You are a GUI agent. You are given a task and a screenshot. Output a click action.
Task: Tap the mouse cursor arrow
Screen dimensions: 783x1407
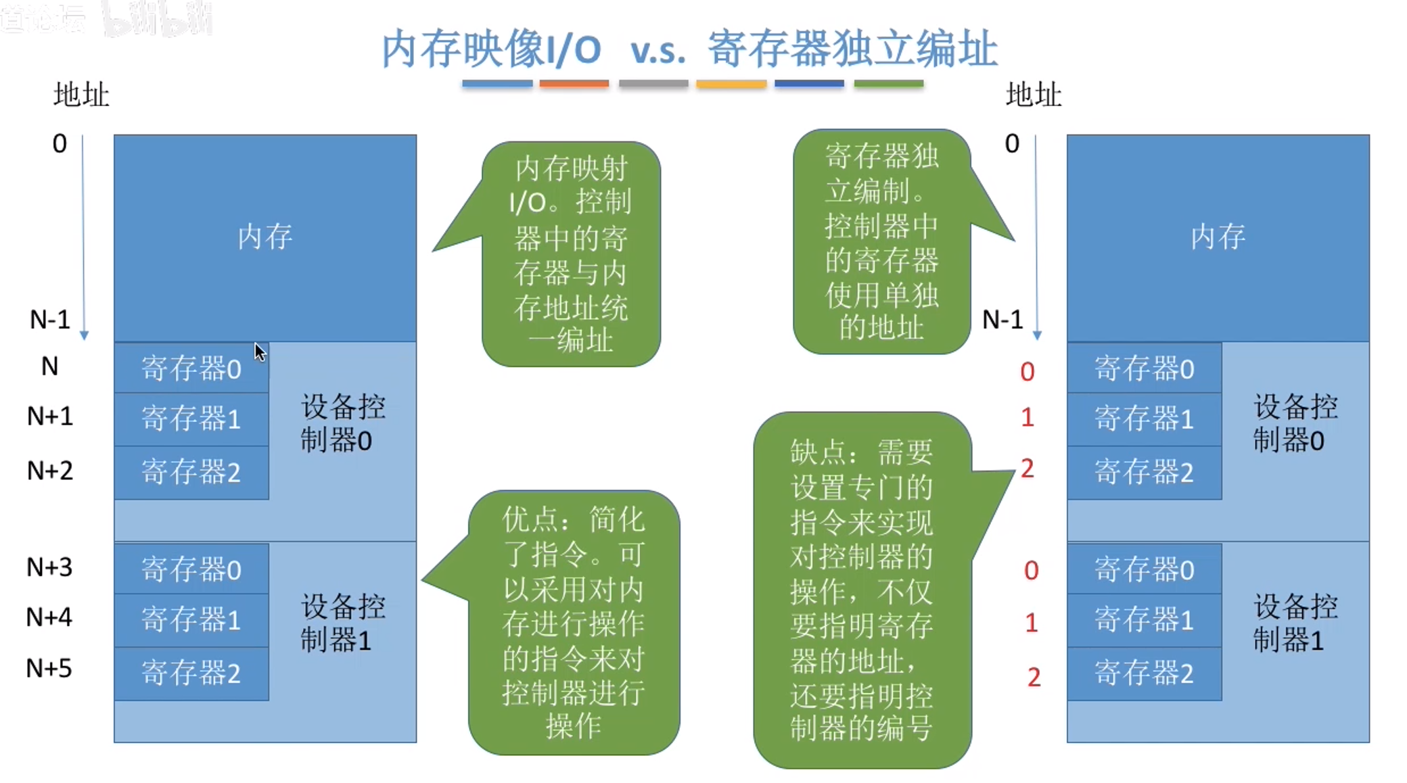pyautogui.click(x=260, y=352)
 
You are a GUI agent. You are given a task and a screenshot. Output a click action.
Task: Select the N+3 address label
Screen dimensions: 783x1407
pyautogui.click(x=49, y=567)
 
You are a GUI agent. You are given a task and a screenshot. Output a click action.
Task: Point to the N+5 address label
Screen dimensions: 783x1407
pyautogui.click(x=49, y=668)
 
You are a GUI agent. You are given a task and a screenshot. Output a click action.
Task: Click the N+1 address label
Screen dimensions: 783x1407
pyautogui.click(x=50, y=416)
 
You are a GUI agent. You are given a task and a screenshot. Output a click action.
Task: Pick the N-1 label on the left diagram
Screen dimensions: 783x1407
pyautogui.click(x=50, y=319)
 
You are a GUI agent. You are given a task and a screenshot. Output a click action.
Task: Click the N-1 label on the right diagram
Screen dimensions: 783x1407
pyautogui.click(x=1002, y=319)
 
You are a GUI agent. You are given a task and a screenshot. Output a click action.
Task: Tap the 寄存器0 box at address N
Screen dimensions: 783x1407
pyautogui.click(x=191, y=369)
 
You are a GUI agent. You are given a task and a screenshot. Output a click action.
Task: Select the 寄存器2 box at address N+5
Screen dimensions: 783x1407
pyautogui.click(x=191, y=673)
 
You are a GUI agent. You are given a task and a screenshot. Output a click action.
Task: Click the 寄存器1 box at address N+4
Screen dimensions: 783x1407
pyautogui.click(x=191, y=620)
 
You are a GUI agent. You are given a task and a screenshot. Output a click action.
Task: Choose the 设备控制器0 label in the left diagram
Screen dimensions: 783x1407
pyautogui.click(x=343, y=424)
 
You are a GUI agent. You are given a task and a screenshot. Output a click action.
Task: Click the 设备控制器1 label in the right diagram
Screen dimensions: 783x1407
pyautogui.click(x=1295, y=623)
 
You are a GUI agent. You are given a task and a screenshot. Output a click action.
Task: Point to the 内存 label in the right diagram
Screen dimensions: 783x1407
pyautogui.click(x=1218, y=237)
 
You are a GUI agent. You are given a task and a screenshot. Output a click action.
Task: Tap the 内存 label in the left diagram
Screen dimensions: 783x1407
pyautogui.click(x=264, y=237)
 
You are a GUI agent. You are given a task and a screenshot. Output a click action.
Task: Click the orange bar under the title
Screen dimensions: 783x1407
pyautogui.click(x=574, y=84)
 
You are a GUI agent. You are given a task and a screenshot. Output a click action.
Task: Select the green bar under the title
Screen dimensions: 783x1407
pyautogui.click(x=888, y=84)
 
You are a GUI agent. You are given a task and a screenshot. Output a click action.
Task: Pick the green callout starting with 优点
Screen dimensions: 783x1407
pyautogui.click(x=574, y=622)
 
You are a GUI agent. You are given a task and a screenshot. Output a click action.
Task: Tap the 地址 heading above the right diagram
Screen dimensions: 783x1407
pyautogui.click(x=1034, y=95)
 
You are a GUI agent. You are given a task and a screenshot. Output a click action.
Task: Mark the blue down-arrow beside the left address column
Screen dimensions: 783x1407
pyautogui.click(x=84, y=237)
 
